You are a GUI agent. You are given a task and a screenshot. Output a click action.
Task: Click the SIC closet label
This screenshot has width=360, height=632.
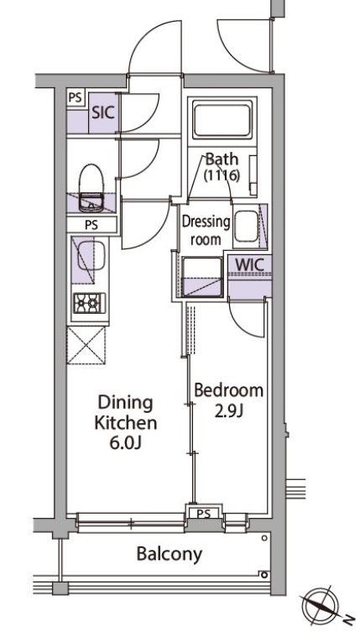click(103, 112)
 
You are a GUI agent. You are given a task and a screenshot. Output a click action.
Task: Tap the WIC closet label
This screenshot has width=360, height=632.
click(249, 264)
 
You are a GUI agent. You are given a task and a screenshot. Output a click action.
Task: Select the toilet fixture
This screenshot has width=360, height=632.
click(91, 187)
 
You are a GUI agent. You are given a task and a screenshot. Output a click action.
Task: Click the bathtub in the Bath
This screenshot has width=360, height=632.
click(222, 120)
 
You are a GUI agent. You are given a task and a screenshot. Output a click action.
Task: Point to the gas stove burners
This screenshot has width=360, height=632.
click(90, 304)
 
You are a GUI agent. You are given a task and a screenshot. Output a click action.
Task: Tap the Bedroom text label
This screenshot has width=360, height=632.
click(228, 390)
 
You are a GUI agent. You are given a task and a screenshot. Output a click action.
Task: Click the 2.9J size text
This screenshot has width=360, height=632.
click(228, 412)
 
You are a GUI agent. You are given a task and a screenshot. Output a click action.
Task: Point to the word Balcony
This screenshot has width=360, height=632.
click(169, 554)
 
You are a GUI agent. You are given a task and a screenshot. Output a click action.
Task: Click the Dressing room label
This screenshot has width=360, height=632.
click(206, 231)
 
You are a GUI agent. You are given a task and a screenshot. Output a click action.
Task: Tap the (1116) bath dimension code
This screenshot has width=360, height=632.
click(222, 175)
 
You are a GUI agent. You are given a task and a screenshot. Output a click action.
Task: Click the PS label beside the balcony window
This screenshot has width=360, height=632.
click(204, 514)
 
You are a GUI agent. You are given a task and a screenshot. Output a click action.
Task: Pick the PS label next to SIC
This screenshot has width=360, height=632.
click(75, 97)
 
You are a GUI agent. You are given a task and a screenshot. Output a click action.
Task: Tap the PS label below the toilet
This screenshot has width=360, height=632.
click(91, 225)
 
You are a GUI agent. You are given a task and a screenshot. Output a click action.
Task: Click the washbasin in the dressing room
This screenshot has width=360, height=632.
click(246, 227)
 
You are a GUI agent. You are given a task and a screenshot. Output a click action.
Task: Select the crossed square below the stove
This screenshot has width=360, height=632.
click(86, 346)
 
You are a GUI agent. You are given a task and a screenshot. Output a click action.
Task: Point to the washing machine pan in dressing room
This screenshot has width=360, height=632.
click(202, 277)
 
